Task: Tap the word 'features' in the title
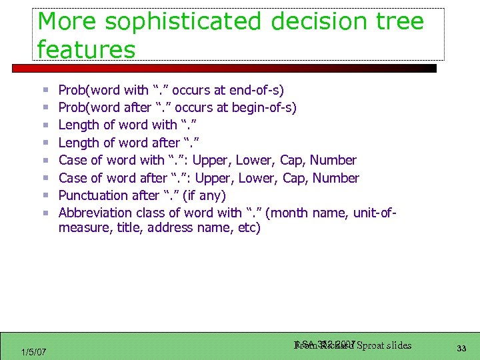pos(87,49)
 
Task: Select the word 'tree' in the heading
pos(399,21)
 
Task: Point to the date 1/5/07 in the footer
pos(33,351)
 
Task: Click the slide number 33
pos(461,347)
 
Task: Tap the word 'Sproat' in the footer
pos(375,345)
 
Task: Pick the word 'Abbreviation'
pos(95,213)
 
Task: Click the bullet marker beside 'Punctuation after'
pos(45,196)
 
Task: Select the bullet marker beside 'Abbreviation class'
pos(45,213)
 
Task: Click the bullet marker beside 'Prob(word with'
pos(45,90)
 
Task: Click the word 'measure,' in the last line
pos(83,228)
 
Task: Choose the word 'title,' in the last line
pos(126,228)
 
